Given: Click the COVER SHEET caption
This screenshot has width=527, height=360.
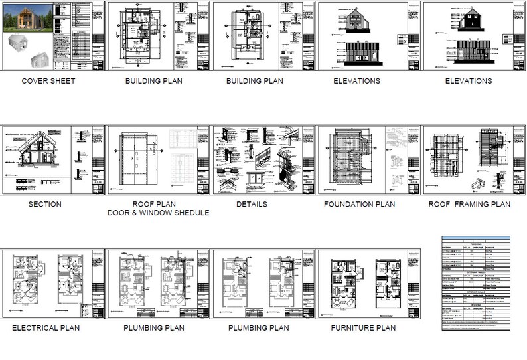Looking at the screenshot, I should click(x=48, y=81).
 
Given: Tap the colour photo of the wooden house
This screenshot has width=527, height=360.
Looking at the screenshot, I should click(x=26, y=17).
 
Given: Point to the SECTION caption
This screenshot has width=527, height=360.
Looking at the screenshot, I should click(x=45, y=204).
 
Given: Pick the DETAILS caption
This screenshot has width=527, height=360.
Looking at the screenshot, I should click(x=252, y=204).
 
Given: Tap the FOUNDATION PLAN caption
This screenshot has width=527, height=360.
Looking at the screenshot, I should click(x=359, y=204).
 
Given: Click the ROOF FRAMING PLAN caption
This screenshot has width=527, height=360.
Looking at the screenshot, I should click(x=469, y=204).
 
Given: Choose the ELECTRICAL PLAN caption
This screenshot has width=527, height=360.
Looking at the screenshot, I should click(x=46, y=327).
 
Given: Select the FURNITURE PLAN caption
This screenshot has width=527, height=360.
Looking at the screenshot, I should click(x=363, y=327).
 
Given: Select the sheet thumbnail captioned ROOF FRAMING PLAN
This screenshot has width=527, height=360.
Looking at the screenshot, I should click(x=473, y=160).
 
